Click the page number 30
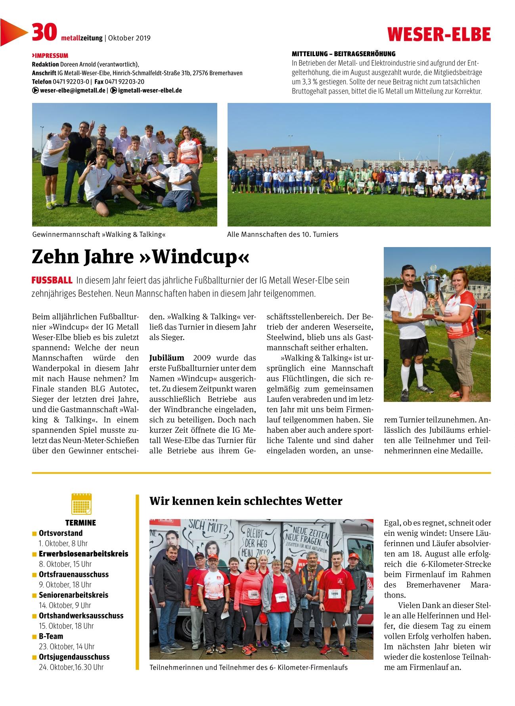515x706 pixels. (x=44, y=32)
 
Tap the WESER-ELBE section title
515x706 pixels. (x=439, y=34)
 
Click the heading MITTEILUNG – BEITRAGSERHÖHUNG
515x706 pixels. (x=343, y=54)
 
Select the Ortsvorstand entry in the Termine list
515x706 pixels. (x=61, y=533)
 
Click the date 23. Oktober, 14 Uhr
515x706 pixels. (x=67, y=646)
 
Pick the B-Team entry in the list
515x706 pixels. (x=51, y=636)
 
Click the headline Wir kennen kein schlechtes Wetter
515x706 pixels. (x=245, y=501)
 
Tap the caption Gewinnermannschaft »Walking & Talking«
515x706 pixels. (x=99, y=234)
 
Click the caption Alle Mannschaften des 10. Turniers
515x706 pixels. (x=283, y=234)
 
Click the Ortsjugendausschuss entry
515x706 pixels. (x=74, y=657)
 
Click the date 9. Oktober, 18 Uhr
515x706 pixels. (x=65, y=584)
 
